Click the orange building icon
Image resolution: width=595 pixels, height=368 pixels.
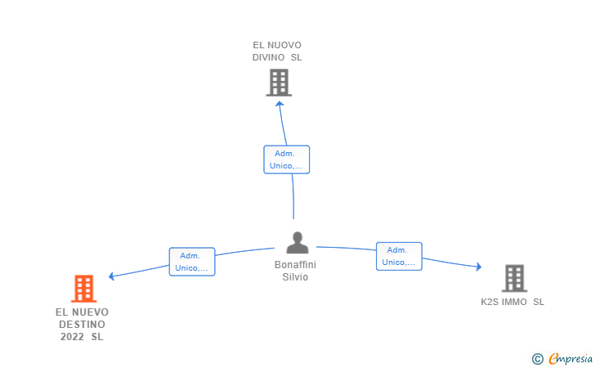84,288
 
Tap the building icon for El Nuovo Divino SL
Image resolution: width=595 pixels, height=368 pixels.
279,83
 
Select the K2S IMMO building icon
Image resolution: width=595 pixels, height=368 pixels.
515,278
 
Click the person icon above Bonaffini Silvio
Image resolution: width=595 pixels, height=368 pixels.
297,243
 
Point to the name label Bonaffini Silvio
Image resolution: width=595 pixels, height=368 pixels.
295,271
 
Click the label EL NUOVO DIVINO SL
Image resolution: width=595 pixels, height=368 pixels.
277,52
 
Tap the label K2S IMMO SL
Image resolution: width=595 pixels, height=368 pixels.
512,302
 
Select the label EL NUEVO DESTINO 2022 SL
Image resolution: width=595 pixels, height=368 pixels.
82,325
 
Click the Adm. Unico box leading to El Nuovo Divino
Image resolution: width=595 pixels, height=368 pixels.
287,159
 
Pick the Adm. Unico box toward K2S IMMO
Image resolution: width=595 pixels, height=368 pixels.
399,256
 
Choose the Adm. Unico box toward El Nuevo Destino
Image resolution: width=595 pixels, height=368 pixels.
192,262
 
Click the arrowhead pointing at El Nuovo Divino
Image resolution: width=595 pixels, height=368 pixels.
280,104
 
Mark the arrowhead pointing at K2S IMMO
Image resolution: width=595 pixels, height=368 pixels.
479,267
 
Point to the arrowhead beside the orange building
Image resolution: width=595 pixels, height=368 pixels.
111,276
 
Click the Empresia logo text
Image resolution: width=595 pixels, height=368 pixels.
570,358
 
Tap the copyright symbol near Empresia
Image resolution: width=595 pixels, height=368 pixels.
538,359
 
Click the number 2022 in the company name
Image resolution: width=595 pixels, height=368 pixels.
72,337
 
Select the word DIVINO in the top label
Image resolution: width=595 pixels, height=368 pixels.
269,57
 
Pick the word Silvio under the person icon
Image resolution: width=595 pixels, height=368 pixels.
295,277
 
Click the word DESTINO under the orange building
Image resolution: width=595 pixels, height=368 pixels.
82,325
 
